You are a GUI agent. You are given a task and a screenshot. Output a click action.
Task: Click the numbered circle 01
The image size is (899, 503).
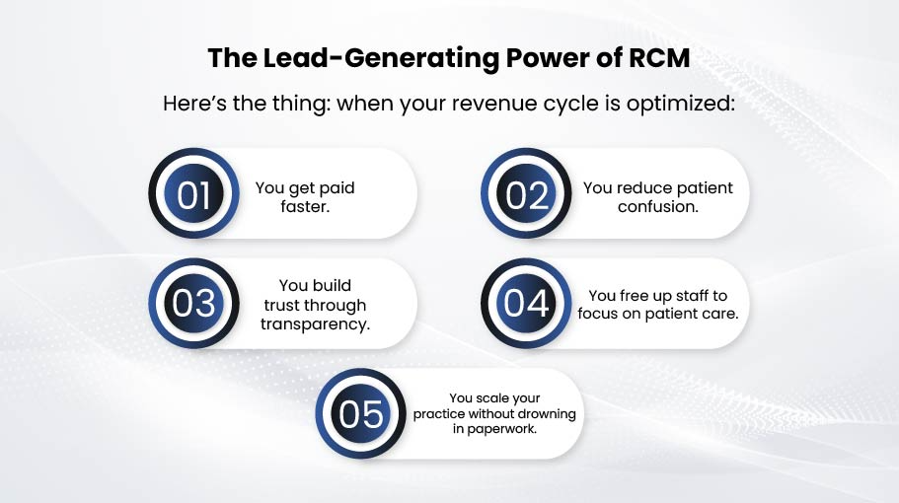(x=193, y=193)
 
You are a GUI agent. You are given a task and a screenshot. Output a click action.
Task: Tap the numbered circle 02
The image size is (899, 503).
(x=526, y=193)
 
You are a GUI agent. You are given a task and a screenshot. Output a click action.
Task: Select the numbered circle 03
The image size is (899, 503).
(x=193, y=303)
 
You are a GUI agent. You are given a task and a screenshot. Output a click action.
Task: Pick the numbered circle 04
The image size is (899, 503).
(x=526, y=303)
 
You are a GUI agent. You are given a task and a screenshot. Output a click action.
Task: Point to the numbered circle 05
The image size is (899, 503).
(x=360, y=413)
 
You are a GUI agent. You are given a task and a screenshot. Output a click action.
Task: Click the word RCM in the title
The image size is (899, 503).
(x=659, y=58)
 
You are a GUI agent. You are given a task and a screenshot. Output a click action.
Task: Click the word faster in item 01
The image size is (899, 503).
(x=305, y=206)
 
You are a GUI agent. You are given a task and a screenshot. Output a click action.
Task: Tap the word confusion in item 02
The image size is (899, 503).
(x=657, y=206)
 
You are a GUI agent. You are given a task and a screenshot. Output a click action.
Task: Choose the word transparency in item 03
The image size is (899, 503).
(x=316, y=324)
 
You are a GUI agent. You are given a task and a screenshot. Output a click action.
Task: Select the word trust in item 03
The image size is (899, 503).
(x=280, y=306)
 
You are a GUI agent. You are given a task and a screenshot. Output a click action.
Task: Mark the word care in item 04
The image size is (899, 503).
(x=721, y=314)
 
